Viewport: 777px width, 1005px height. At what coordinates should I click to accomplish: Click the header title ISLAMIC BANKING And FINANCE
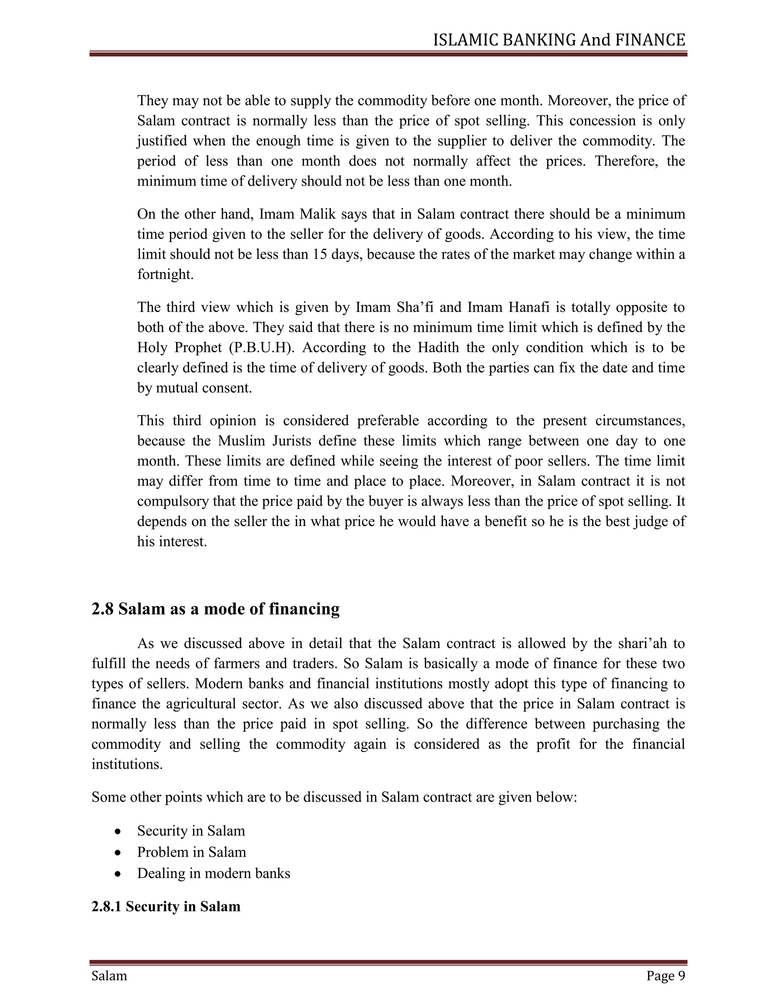coord(559,41)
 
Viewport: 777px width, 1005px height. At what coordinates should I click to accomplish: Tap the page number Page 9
coord(665,975)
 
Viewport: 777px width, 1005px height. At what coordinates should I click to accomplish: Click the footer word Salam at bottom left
coord(109,975)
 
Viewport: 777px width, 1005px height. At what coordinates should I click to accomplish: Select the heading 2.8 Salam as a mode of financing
coord(215,609)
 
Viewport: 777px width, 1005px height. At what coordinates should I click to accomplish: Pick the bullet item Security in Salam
coord(191,831)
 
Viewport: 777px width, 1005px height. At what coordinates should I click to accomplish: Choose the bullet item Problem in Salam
coord(192,852)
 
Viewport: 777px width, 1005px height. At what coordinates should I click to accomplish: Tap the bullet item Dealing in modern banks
coord(214,873)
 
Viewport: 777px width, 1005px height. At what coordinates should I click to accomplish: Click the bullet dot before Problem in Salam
coord(118,853)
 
